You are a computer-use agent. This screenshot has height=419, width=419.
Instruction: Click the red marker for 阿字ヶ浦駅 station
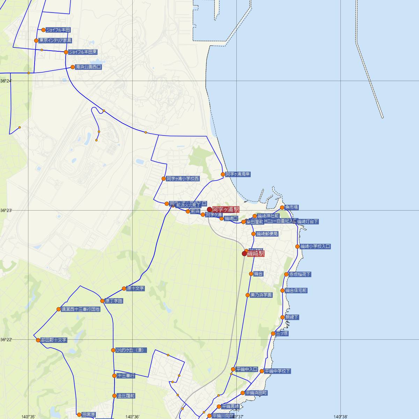209,209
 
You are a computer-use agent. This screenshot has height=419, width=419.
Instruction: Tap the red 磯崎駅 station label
256,254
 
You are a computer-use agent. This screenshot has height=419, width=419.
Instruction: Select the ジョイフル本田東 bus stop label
83,52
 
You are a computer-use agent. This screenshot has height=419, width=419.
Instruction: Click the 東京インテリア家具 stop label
55,41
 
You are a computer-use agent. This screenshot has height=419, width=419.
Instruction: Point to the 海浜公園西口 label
88,67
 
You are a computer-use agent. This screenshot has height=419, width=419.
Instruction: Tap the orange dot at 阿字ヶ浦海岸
223,174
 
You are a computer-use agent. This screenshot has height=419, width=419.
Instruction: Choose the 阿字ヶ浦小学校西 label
183,179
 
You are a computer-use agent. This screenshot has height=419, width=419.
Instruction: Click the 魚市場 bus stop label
291,207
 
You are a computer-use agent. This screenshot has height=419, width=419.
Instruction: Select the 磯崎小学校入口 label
315,247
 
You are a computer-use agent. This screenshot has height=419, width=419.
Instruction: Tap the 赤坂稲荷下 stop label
300,274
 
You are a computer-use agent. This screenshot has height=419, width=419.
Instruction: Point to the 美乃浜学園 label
261,295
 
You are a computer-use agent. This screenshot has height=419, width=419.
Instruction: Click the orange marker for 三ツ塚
273,334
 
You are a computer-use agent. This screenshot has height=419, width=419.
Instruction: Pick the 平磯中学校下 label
277,371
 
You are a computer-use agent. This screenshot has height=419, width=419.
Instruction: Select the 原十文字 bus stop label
135,289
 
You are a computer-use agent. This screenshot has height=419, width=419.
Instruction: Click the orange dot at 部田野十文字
38,340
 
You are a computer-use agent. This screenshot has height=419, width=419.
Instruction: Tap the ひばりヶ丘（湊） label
131,350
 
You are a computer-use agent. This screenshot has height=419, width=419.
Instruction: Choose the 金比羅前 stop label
126,396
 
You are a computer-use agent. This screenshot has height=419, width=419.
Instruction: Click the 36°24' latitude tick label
6,81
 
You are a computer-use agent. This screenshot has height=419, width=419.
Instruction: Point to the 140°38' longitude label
340,417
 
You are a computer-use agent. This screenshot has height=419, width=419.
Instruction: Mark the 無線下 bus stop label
292,317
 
